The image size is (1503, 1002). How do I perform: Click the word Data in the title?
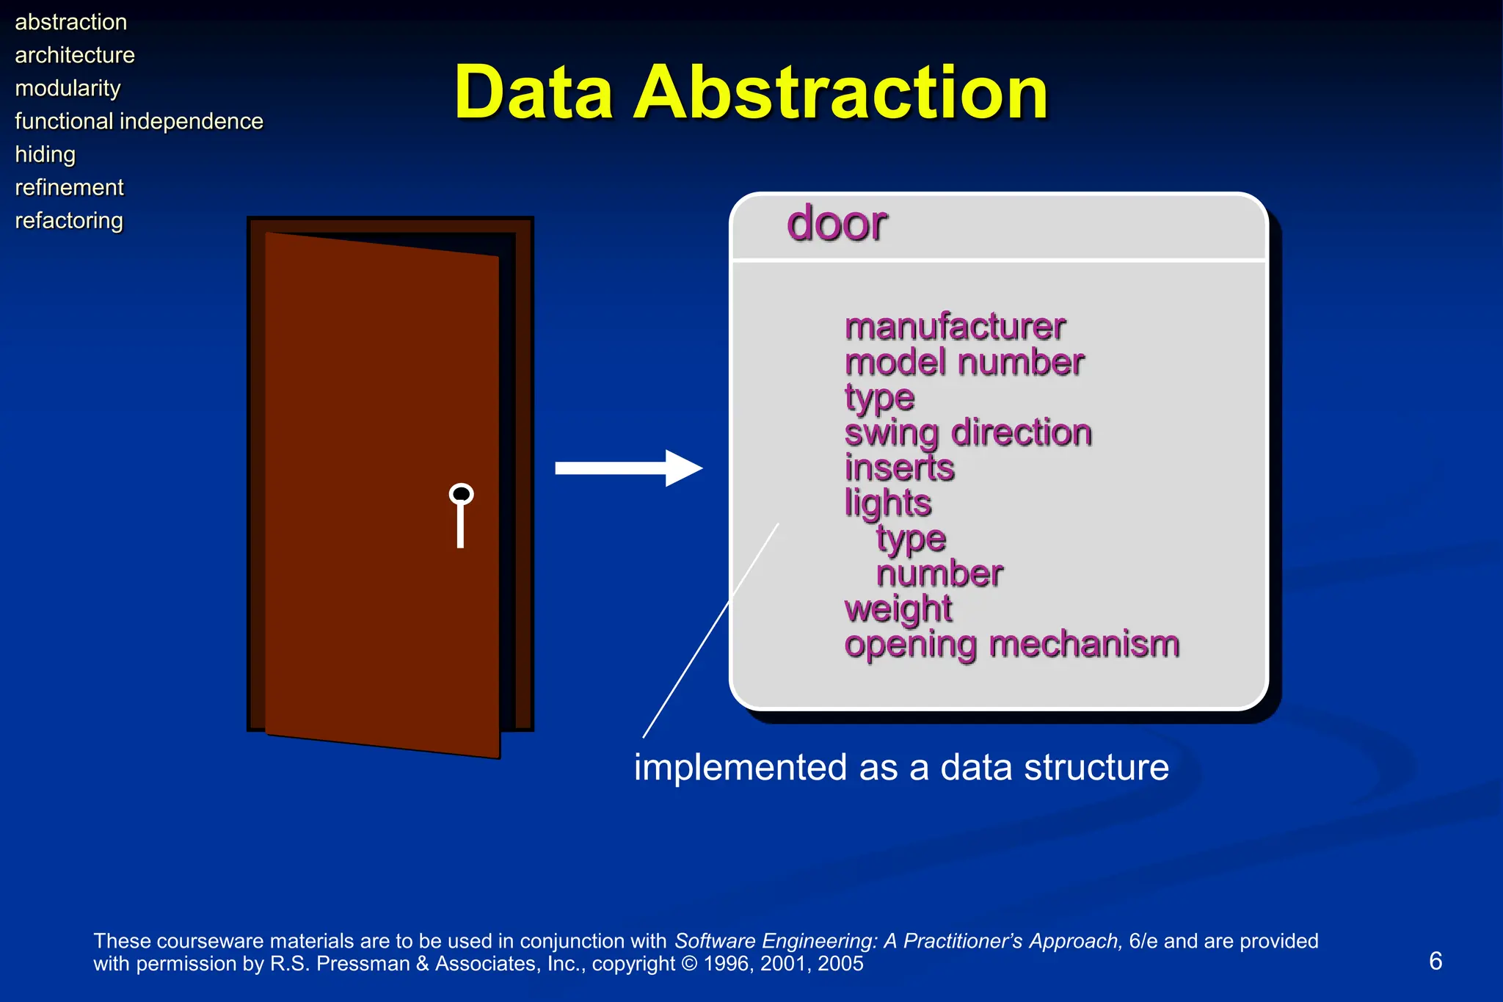[x=534, y=93]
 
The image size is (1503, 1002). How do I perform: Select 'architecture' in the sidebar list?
[x=75, y=55]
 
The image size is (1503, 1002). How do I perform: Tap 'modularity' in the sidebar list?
[x=68, y=88]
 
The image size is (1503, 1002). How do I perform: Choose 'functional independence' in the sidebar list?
[x=139, y=121]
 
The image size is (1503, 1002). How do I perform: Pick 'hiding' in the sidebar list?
[x=45, y=154]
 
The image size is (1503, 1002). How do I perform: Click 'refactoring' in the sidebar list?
[x=69, y=220]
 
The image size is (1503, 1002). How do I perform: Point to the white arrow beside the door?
[x=627, y=468]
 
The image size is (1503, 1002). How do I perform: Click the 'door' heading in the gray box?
[x=837, y=223]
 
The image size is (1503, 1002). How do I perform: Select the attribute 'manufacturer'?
[x=954, y=327]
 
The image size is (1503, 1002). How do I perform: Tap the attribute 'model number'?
[x=964, y=362]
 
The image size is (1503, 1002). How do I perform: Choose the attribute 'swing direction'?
[x=967, y=432]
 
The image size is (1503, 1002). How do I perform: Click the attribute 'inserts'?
[x=899, y=468]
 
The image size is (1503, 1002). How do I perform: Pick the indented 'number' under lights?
[x=939, y=573]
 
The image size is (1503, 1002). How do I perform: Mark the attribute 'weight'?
[x=898, y=609]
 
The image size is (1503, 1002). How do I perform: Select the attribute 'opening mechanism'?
[x=1011, y=644]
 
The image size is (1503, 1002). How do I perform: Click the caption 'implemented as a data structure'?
[x=900, y=767]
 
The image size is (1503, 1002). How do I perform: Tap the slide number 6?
[x=1435, y=961]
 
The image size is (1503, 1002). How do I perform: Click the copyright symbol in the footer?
[x=689, y=964]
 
